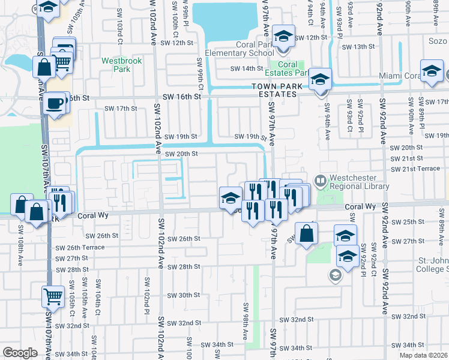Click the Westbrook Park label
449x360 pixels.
coord(116,65)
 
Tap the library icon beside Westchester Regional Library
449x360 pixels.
coord(321,179)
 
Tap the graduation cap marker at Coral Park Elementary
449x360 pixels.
coord(282,36)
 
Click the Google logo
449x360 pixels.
coord(20,353)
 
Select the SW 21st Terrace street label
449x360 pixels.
coord(415,169)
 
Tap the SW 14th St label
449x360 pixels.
coord(248,68)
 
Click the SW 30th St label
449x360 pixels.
coord(184,295)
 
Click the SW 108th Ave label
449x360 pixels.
coord(20,238)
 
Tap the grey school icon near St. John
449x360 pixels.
coord(335,276)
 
